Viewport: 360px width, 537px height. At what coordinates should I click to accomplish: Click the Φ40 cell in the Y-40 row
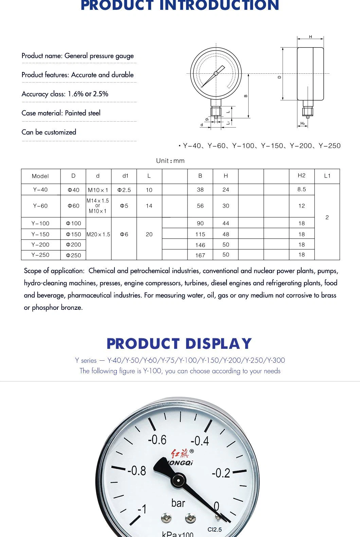pos(73,190)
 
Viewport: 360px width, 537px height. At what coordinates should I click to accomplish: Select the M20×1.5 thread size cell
pos(98,234)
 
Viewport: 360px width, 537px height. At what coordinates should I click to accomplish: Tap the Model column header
pos(40,176)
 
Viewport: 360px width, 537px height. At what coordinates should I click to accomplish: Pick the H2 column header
pos(302,176)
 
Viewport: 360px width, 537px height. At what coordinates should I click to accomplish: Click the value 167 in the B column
pos(200,255)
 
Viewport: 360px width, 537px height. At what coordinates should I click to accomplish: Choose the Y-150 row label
pos(40,234)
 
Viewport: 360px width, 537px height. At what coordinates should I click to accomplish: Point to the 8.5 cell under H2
pos(302,190)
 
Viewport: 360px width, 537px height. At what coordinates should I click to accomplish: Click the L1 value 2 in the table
pos(327,217)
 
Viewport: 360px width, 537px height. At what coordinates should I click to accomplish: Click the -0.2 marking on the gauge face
pos(221,473)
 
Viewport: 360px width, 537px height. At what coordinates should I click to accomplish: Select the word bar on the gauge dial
pos(178,503)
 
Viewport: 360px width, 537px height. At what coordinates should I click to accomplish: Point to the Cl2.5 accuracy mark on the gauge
pos(215,530)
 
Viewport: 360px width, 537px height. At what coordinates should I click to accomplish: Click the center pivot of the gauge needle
pos(178,480)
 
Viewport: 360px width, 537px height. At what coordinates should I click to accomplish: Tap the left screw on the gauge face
pos(166,518)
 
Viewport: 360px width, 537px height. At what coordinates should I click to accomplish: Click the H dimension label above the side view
pos(310,37)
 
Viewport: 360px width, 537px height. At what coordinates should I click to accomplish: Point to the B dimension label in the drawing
pos(246,96)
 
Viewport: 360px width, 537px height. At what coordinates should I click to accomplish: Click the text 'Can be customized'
pos(49,132)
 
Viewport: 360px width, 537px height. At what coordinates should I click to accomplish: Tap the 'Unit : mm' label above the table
pos(170,161)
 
